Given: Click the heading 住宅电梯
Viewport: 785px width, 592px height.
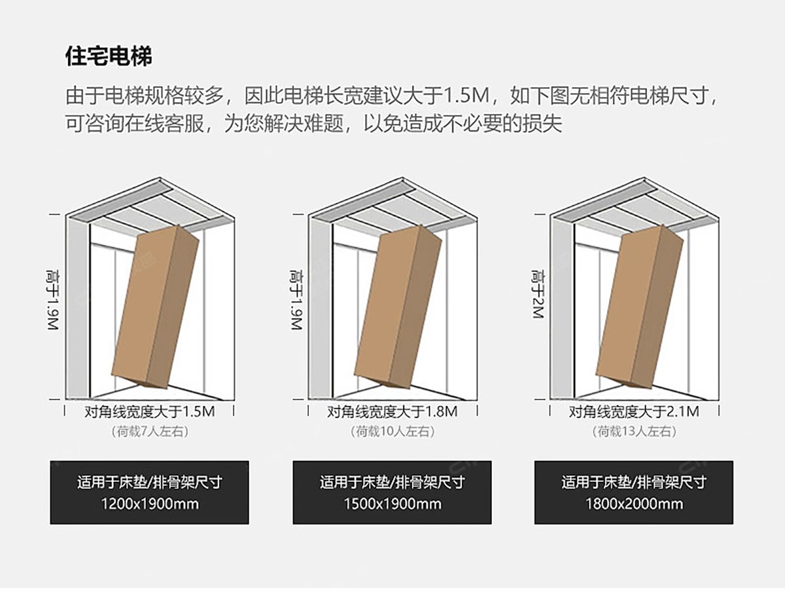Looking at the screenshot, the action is [109, 56].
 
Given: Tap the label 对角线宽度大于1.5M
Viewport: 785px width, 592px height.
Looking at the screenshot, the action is [150, 412].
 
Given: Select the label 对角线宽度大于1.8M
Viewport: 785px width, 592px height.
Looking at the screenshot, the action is [392, 412].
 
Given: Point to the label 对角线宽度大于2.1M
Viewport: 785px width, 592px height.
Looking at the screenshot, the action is [634, 412].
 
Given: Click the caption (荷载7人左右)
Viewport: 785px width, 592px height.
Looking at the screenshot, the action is [150, 432].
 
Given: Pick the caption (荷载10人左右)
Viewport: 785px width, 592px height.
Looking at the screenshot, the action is [392, 432].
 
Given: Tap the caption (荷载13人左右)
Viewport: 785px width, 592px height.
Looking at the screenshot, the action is [634, 432].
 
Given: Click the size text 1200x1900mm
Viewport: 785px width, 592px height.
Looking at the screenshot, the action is [150, 504].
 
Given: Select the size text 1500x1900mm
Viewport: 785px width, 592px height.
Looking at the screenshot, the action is [392, 504].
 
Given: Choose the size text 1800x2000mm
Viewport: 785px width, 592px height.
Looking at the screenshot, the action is [634, 504].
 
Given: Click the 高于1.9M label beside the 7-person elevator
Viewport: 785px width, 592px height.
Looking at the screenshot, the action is [54, 299].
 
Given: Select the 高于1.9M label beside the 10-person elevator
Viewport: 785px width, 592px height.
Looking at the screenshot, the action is [296, 299].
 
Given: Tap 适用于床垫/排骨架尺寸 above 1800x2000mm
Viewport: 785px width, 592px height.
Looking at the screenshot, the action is [634, 483].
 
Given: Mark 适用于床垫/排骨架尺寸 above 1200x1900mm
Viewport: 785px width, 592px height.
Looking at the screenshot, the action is [150, 483].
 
